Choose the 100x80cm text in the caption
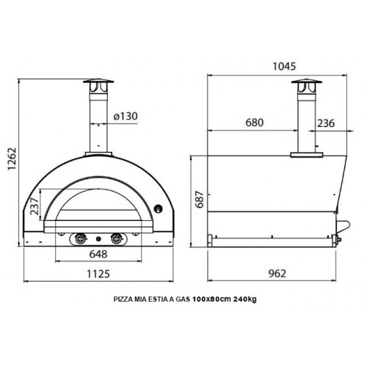(209, 299)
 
